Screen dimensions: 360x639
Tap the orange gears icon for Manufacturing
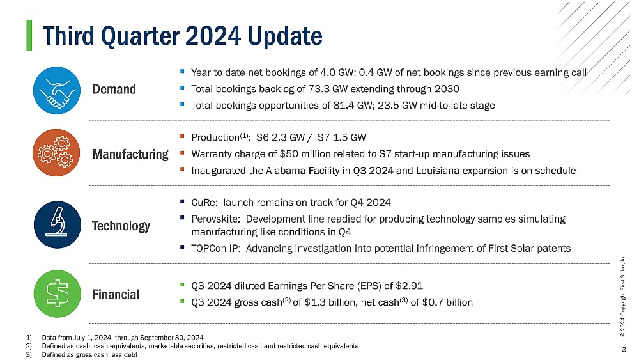tap(56, 154)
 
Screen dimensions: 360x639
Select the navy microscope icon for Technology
tap(56, 225)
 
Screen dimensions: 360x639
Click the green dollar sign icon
tap(56, 294)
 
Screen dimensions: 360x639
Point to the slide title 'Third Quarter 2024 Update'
tap(182, 36)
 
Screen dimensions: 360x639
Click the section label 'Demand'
tap(114, 89)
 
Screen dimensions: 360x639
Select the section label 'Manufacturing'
tap(130, 154)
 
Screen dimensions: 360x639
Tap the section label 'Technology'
tap(121, 226)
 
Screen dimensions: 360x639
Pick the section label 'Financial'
tap(116, 295)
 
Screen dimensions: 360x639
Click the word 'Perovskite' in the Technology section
tap(215, 219)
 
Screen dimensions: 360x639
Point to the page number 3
tap(624, 349)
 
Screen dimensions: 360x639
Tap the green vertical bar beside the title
tap(29, 35)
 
